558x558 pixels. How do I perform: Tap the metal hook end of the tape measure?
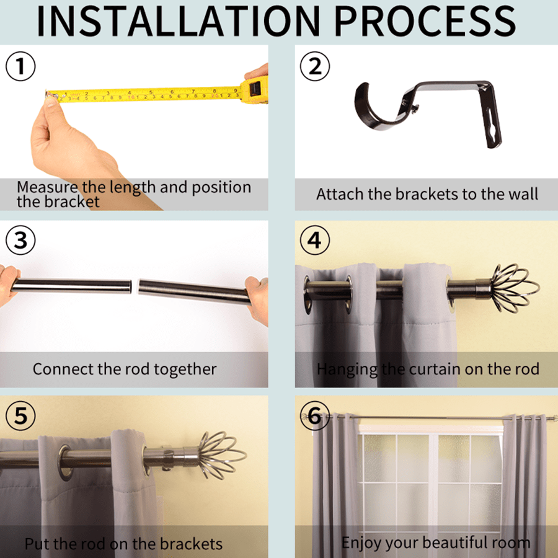48,95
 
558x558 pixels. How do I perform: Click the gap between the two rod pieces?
135,286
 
